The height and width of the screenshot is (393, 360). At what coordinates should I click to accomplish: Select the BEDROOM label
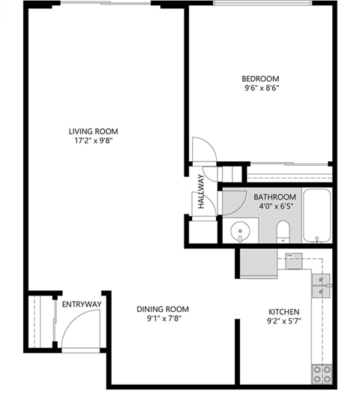coord(260,79)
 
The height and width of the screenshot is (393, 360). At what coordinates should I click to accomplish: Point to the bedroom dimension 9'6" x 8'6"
coord(260,88)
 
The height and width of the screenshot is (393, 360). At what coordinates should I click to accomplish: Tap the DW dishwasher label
coord(289,256)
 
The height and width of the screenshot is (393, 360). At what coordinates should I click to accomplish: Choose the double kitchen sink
coord(321,283)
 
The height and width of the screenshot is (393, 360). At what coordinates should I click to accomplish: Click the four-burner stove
coord(322,373)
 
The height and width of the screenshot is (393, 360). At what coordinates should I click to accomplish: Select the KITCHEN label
coord(284,311)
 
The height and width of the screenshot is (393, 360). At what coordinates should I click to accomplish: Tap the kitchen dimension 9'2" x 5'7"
coord(284,321)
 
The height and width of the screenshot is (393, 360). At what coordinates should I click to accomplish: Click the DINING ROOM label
coord(163,308)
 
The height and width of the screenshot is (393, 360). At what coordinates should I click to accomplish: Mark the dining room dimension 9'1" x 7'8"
coord(163,318)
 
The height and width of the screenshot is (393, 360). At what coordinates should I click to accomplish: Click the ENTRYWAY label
coord(81,304)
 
